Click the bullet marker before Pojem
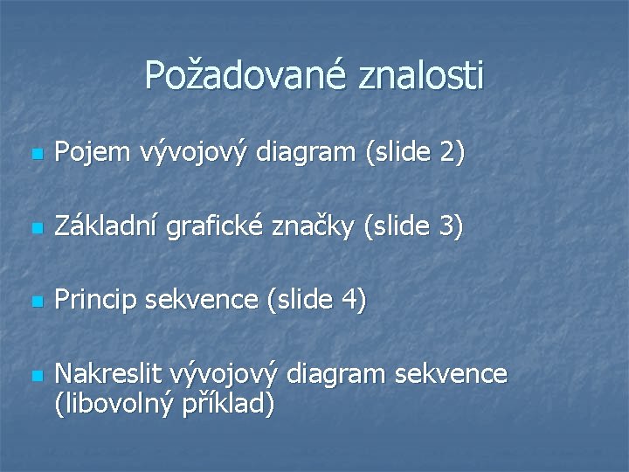point(35,156)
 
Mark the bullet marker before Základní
point(35,229)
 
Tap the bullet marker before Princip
point(35,302)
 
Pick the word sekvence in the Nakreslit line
point(451,374)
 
